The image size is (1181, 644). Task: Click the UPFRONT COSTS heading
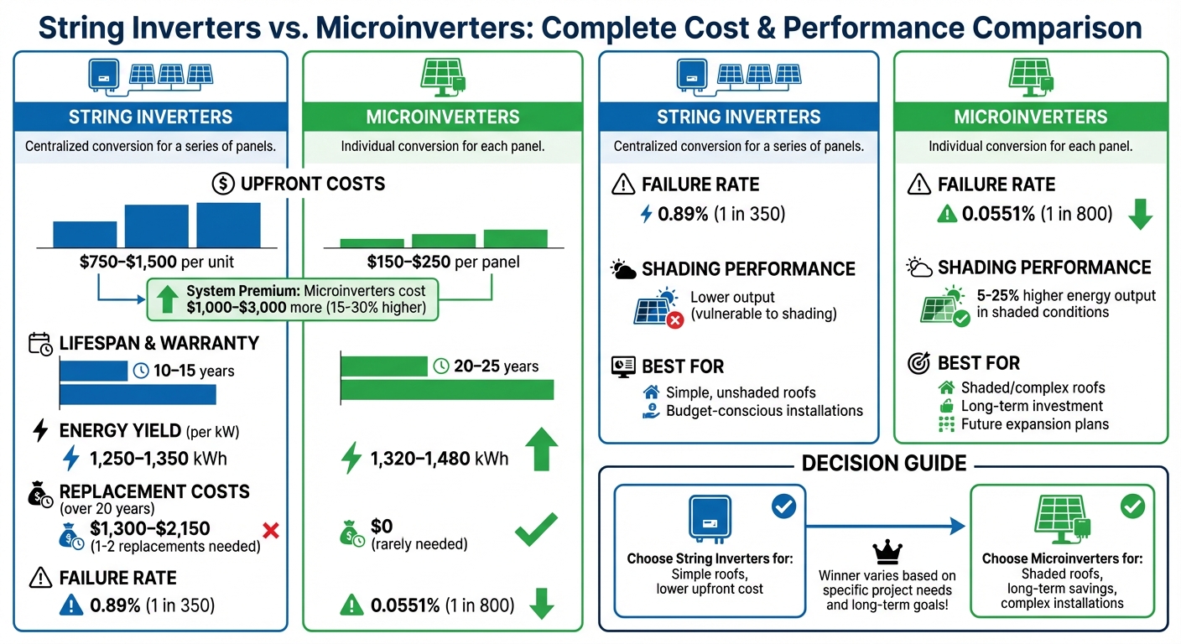(x=311, y=184)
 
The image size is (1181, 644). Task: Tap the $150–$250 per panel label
(x=444, y=262)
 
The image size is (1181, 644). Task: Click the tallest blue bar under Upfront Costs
(x=228, y=224)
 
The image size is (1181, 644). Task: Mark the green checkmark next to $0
(x=535, y=530)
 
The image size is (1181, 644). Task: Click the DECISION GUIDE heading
(x=884, y=464)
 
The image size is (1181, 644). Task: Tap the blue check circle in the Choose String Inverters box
(x=783, y=506)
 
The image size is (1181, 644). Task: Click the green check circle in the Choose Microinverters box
(x=1132, y=506)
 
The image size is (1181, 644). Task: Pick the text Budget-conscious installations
(x=764, y=411)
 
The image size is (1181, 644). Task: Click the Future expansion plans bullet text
(x=1034, y=424)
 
